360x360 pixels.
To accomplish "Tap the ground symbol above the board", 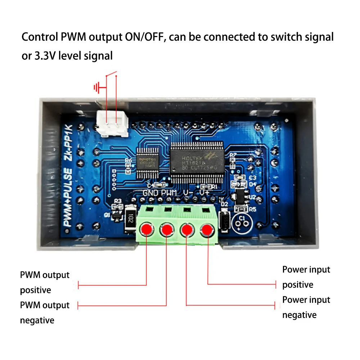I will (x=96, y=87).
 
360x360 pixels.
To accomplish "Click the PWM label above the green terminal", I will (x=169, y=193).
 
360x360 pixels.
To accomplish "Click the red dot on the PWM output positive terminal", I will (x=147, y=229).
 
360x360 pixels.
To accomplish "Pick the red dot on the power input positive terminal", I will (x=207, y=229).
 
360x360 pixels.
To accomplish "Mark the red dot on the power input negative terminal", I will (x=186, y=229).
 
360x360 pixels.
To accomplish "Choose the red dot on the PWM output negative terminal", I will (x=166, y=229).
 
